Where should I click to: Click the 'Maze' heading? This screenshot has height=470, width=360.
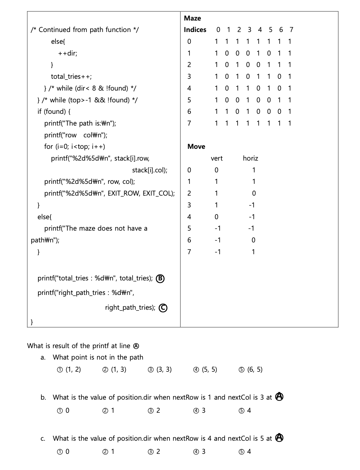tap(192, 18)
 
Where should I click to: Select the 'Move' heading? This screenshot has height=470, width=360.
tap(196, 146)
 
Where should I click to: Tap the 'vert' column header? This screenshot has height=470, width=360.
tap(217, 158)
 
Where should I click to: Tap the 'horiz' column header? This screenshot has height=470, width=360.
tap(250, 158)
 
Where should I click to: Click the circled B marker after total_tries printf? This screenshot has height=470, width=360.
tap(160, 278)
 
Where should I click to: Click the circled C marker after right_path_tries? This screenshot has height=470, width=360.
tap(163, 308)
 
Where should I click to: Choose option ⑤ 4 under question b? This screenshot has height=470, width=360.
tap(245, 410)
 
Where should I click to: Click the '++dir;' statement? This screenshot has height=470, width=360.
tap(68, 53)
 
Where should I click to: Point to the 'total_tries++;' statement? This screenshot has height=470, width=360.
tap(71, 76)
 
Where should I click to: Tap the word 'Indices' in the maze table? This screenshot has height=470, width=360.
tap(195, 30)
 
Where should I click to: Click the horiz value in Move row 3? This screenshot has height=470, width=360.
tap(252, 205)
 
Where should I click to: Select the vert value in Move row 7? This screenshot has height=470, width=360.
tap(218, 252)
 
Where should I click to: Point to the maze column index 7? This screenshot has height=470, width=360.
tap(291, 30)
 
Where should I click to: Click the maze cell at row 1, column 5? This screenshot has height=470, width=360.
tap(268, 53)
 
